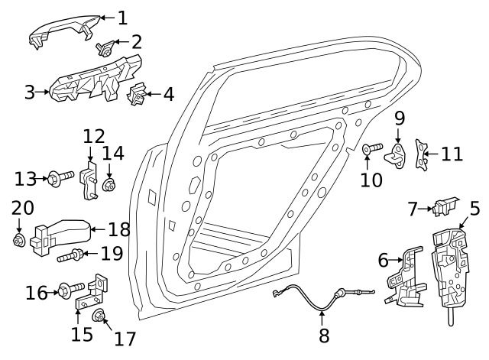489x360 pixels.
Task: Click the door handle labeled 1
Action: tap(61, 31)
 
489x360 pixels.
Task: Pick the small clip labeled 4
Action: tap(138, 97)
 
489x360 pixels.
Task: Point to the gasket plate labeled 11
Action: tap(420, 153)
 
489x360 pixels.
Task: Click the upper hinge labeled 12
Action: tap(92, 177)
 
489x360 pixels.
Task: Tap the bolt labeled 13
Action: tap(59, 180)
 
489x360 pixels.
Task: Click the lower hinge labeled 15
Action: tap(90, 298)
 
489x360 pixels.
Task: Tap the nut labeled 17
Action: tap(99, 316)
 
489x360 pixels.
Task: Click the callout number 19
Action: tap(112, 252)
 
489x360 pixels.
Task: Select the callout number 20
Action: tap(23, 208)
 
